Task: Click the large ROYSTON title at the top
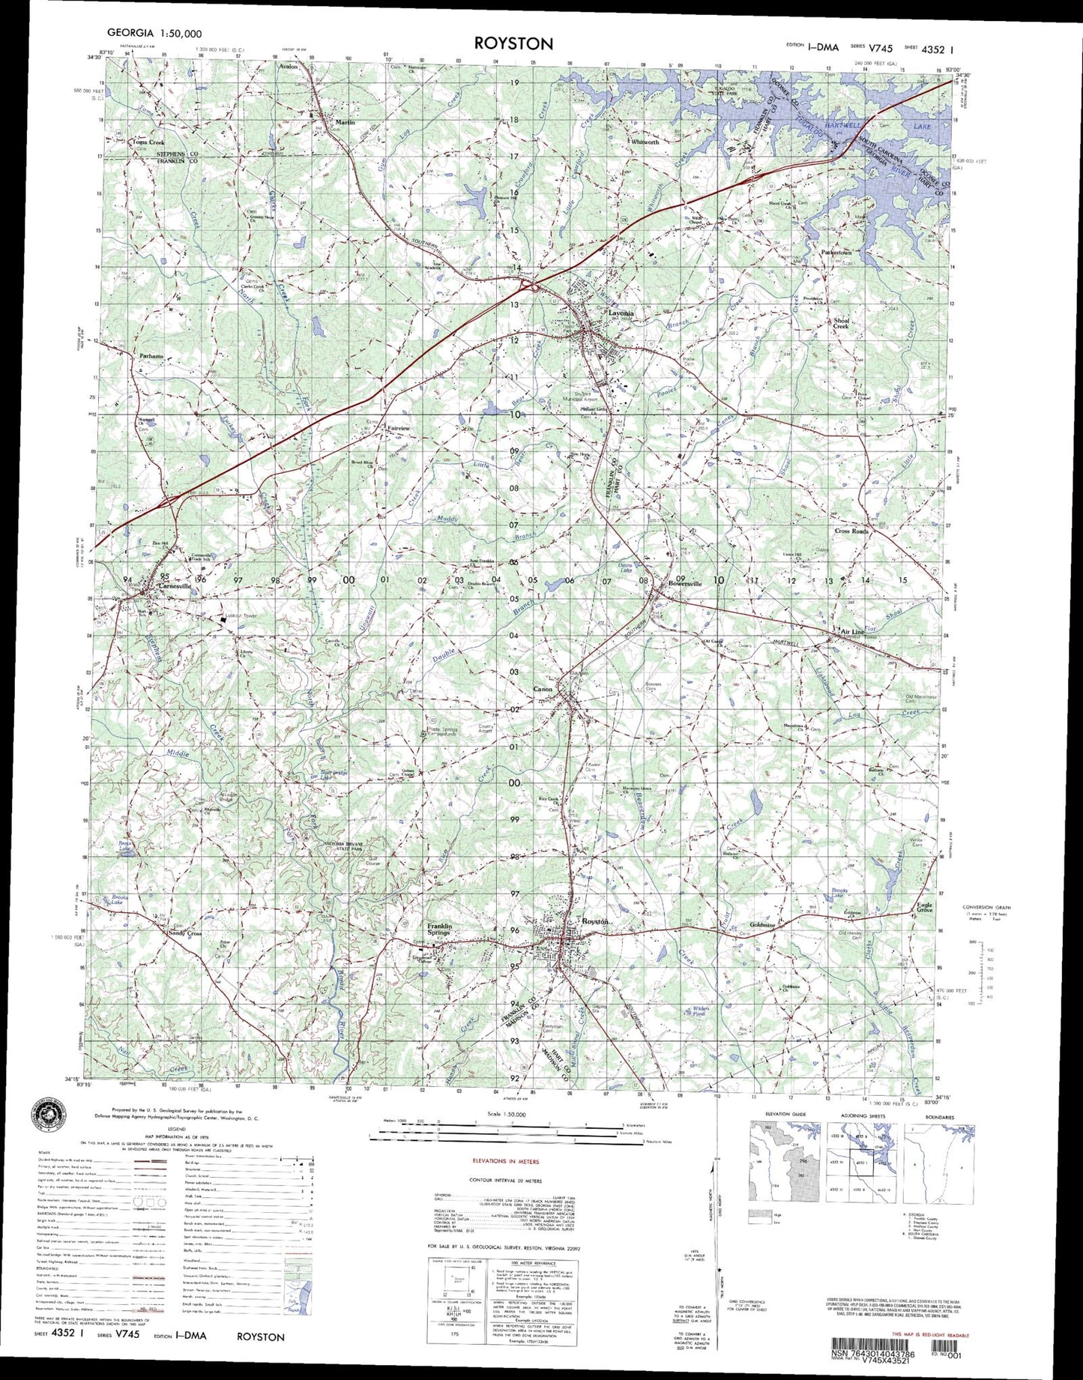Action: point(513,43)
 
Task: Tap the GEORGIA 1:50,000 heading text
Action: point(154,33)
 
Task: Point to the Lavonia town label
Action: point(621,313)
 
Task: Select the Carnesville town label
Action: point(174,587)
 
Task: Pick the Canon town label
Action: point(542,689)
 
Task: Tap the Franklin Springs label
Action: point(439,929)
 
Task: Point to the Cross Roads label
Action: point(851,531)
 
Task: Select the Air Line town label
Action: point(853,633)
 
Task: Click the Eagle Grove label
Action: point(925,907)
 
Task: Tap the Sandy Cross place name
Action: point(184,934)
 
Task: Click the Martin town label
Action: point(345,121)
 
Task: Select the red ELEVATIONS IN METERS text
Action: point(505,1161)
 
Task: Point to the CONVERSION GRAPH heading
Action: point(989,907)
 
